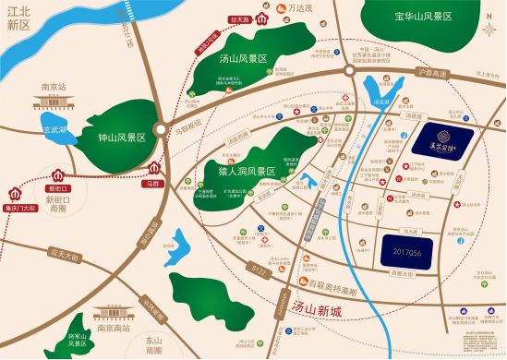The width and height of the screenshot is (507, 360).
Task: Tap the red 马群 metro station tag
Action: pyautogui.click(x=152, y=185)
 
